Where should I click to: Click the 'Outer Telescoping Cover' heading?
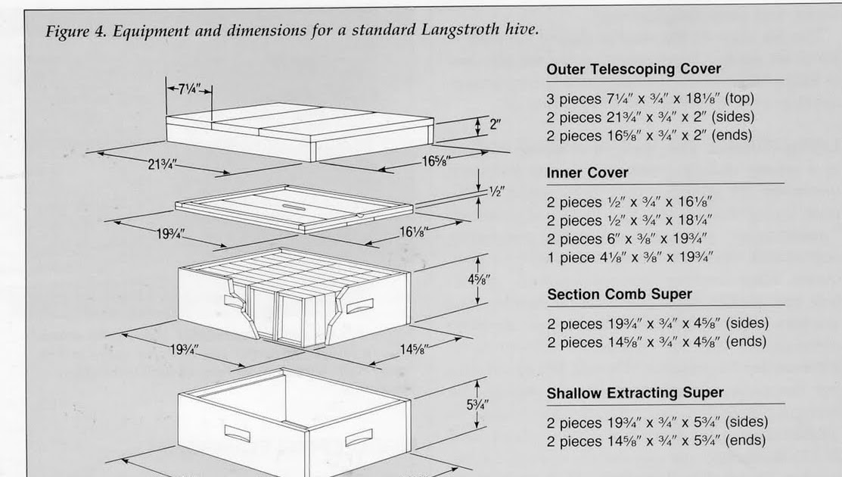[x=633, y=69]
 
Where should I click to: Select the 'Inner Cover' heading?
[x=587, y=173]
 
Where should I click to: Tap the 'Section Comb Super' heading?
[x=619, y=294]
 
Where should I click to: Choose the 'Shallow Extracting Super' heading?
[x=635, y=393]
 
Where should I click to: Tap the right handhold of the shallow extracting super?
[x=359, y=438]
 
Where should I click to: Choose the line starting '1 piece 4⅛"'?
[x=629, y=257]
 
